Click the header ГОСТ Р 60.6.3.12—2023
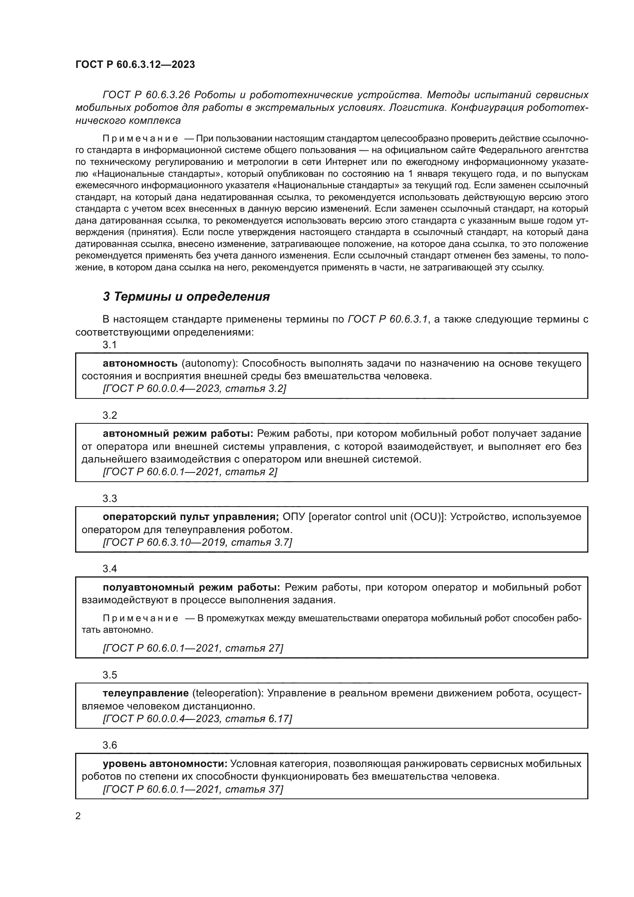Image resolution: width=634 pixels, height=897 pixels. tap(135, 64)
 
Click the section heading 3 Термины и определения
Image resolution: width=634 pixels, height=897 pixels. tap(186, 296)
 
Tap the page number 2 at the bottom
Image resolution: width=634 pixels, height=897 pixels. tap(78, 816)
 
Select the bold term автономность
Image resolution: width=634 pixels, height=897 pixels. tap(140, 363)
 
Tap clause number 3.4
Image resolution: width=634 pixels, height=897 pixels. tap(110, 569)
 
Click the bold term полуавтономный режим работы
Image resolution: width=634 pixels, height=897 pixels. tap(191, 587)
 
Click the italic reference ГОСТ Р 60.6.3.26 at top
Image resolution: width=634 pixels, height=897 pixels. tap(146, 95)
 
